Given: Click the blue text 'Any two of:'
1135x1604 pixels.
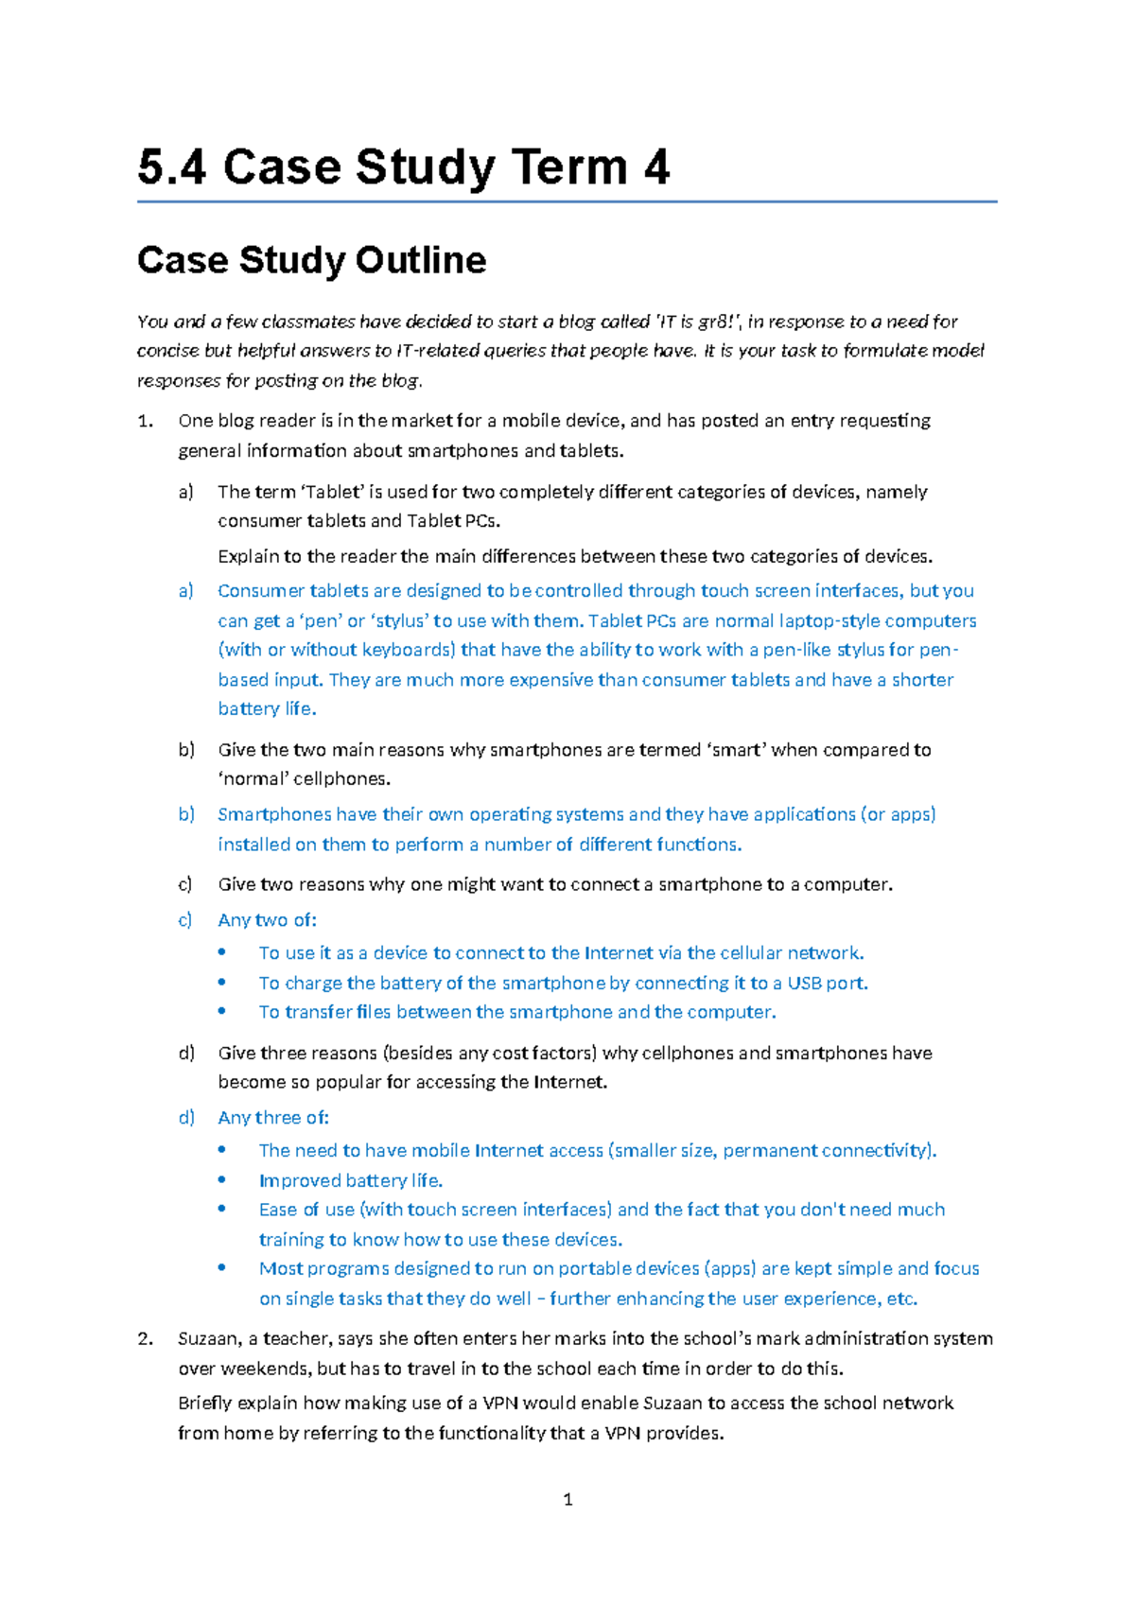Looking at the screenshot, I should tap(267, 920).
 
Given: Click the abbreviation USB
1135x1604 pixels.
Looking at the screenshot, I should tap(805, 984).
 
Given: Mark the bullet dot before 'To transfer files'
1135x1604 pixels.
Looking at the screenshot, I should tap(222, 1011).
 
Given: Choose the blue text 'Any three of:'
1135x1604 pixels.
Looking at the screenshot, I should tap(273, 1118).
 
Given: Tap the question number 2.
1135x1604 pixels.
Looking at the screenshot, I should tap(145, 1339).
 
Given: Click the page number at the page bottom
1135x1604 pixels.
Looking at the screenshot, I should tap(567, 1500).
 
